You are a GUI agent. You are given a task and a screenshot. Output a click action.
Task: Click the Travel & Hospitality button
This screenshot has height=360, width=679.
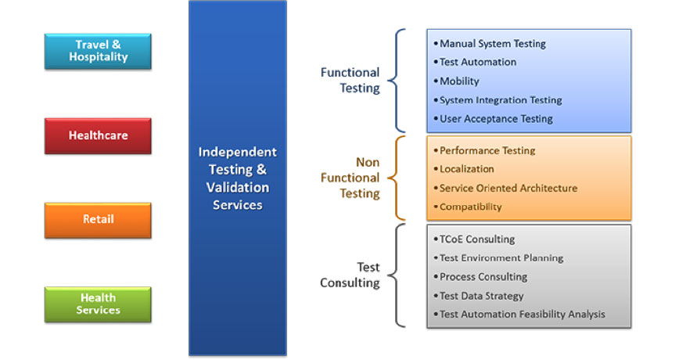point(98,51)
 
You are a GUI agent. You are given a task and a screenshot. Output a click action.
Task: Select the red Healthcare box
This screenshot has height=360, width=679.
point(98,135)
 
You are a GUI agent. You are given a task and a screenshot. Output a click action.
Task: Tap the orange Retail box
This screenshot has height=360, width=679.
point(98,220)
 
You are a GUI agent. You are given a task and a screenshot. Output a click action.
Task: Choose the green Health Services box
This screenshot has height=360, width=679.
point(98,304)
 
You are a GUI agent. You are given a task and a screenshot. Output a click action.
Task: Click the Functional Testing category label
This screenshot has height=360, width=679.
point(350,80)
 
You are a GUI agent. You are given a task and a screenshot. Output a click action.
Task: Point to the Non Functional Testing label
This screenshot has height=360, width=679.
point(350,178)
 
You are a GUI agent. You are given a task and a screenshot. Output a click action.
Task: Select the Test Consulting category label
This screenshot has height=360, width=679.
point(350,275)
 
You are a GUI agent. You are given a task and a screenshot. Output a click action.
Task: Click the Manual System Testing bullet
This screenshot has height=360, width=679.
point(490,44)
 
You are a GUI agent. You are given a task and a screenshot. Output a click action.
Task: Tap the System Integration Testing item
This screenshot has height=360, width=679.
point(498,100)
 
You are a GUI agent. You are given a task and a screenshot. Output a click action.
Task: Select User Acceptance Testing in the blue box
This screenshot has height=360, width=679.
point(494,119)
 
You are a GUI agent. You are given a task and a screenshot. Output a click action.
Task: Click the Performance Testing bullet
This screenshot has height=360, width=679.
point(484,151)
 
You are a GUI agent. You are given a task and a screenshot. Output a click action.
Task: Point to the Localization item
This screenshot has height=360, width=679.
point(464,169)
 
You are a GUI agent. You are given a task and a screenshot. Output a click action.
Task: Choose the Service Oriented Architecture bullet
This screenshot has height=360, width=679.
point(505,188)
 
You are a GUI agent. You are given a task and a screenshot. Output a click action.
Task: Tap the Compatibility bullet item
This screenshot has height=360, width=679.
point(468,207)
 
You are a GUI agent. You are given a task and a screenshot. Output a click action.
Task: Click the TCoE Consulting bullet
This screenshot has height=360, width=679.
point(474,239)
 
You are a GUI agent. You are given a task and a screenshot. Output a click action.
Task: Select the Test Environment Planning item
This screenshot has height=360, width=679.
point(498,258)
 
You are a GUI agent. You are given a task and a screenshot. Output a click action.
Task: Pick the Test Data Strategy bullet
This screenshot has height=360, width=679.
point(479,296)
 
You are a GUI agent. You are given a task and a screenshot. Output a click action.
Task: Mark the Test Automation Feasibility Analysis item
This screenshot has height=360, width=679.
point(519,315)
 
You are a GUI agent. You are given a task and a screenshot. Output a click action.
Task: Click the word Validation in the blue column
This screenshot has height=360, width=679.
point(238,187)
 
